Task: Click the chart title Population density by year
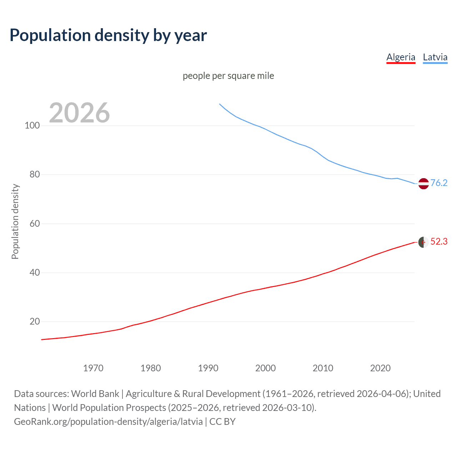[108, 35]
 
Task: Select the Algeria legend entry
[401, 57]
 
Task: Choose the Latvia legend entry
[435, 57]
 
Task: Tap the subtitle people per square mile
[228, 76]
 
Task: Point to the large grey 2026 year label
[79, 113]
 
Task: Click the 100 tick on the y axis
[32, 126]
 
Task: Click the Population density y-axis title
[15, 221]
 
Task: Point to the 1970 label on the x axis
[93, 368]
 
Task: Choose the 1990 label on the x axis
[208, 368]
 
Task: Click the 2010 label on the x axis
[323, 368]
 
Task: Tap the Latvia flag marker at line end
[423, 184]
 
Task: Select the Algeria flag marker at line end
[423, 242]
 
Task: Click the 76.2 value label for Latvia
[439, 183]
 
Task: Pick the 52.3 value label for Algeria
[439, 242]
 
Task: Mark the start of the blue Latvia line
[220, 104]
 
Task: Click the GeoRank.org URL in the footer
[108, 422]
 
